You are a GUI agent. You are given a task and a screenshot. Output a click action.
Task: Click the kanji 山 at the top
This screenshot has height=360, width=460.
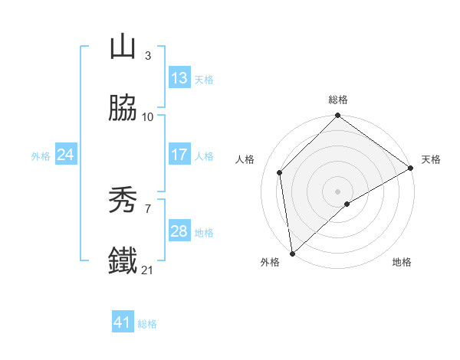point(123,47)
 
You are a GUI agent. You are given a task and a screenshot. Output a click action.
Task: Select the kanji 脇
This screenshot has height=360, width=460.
point(123,108)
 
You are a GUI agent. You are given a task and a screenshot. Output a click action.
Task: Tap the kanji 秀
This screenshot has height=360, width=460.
point(123,201)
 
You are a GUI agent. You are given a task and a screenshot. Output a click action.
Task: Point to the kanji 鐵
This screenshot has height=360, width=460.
point(123,260)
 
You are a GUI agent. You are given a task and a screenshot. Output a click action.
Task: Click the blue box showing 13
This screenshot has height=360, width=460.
point(179,78)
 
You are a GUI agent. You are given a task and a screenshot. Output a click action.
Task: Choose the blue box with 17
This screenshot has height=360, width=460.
point(179,155)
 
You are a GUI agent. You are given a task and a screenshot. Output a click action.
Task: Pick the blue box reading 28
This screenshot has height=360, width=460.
point(179,231)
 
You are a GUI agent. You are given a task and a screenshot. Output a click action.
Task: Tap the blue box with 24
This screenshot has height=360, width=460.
point(66,155)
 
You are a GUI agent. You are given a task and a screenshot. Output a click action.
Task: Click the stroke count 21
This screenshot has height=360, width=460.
point(147,270)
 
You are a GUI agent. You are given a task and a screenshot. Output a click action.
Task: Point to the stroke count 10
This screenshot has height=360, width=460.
point(148,117)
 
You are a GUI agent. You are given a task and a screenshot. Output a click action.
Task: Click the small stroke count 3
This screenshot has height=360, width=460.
point(147,55)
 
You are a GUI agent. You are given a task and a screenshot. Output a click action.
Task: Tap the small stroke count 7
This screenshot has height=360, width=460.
point(147,209)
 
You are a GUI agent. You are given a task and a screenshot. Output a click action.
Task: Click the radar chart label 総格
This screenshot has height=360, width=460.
point(338,100)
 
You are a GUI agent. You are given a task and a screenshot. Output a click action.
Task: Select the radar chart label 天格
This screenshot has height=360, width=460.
point(431,159)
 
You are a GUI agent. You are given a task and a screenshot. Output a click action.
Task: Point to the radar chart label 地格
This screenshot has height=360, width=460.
point(402,263)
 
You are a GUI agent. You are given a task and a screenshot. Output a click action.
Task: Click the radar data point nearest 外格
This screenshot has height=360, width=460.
point(292,253)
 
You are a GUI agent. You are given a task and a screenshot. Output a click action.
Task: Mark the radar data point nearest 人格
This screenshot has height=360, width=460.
point(280,172)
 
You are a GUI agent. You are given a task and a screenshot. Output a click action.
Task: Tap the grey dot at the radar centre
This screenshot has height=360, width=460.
point(338,191)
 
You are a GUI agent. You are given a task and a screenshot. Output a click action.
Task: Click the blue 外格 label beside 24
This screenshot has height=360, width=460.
point(41,155)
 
